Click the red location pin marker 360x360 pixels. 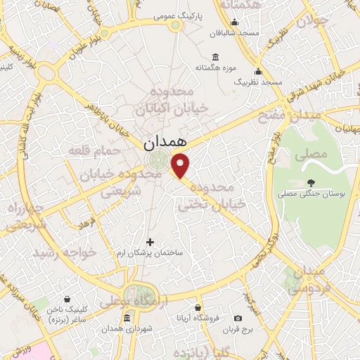(181, 166)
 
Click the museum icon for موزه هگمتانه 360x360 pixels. (214, 57)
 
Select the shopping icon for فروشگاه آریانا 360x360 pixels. (198, 307)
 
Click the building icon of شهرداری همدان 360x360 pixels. (126, 317)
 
